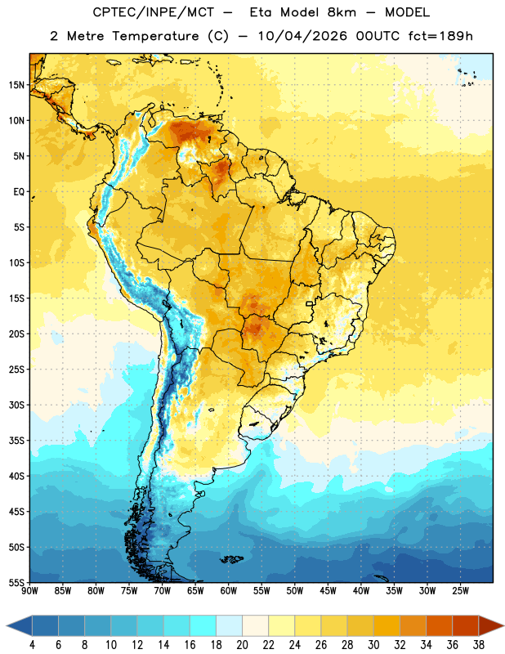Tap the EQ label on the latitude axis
19,192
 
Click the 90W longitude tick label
29,591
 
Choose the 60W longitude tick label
229,591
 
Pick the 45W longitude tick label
328,591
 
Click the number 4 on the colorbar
32,645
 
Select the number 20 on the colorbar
242,645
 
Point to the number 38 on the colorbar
479,645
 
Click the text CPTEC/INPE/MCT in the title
154,12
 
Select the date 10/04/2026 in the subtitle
302,36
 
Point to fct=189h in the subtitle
440,36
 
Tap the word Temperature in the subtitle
155,36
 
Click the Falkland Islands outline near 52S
232,559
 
